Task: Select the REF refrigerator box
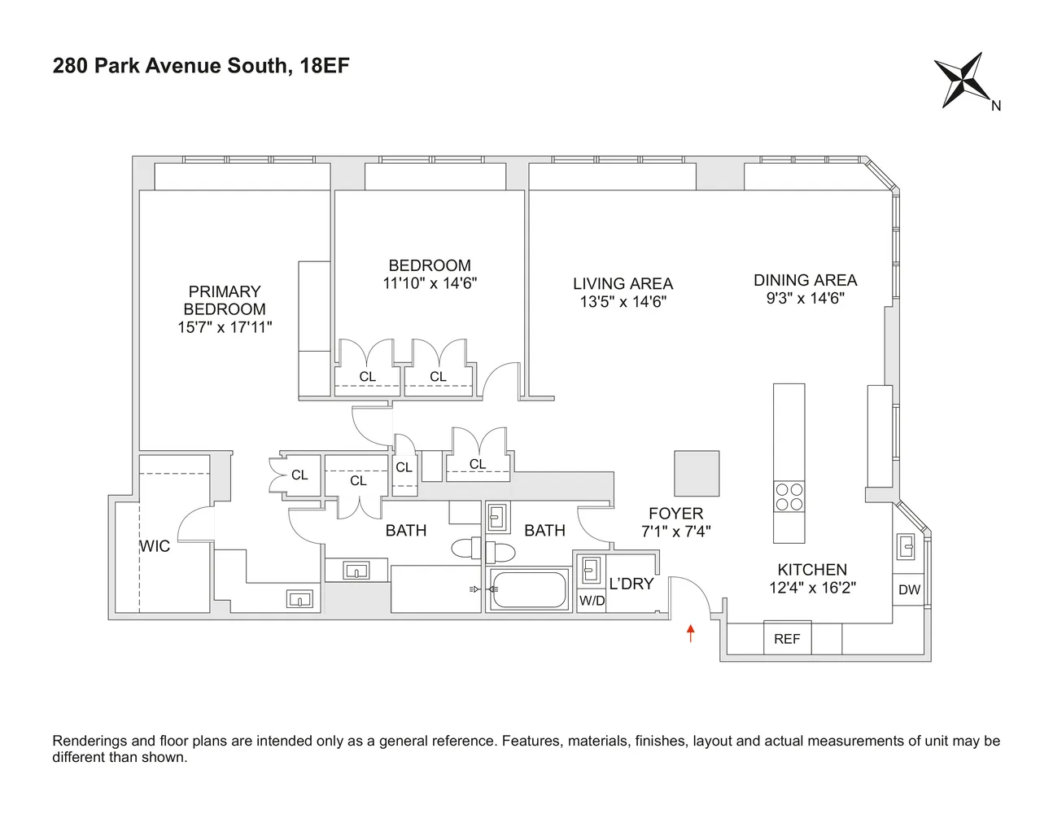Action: pos(786,638)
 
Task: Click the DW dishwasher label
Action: pos(909,590)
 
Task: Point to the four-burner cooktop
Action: pos(789,497)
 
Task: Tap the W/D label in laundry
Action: pos(592,602)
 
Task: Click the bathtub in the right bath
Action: pos(528,590)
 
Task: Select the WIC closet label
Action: pos(155,546)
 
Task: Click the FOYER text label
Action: pos(675,514)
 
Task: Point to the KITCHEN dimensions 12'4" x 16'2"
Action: pos(812,588)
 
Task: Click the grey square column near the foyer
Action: pos(697,473)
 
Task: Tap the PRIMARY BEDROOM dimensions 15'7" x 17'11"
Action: pos(225,327)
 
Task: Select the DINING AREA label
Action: pos(805,280)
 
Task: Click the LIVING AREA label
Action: pos(623,283)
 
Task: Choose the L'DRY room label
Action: pos(631,584)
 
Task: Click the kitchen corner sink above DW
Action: pos(907,545)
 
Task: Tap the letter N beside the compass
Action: pos(996,106)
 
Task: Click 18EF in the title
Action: pos(325,66)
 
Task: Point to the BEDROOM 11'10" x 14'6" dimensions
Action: pos(430,283)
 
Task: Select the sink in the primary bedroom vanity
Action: pos(299,600)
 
